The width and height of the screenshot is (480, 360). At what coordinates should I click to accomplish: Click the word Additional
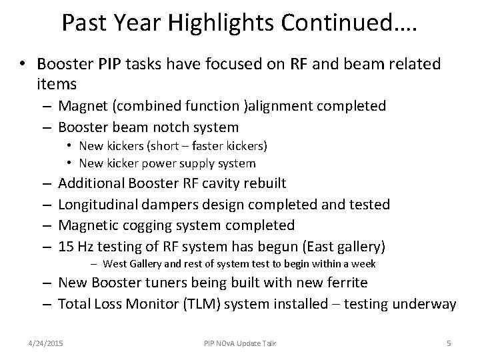click(x=91, y=183)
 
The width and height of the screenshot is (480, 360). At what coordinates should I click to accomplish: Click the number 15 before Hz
click(x=67, y=247)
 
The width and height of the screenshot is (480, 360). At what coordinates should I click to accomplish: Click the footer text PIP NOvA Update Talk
click(x=240, y=343)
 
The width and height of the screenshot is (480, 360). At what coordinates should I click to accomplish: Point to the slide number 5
click(x=449, y=343)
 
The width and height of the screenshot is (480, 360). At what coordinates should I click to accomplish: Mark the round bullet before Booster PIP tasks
click(x=23, y=65)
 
